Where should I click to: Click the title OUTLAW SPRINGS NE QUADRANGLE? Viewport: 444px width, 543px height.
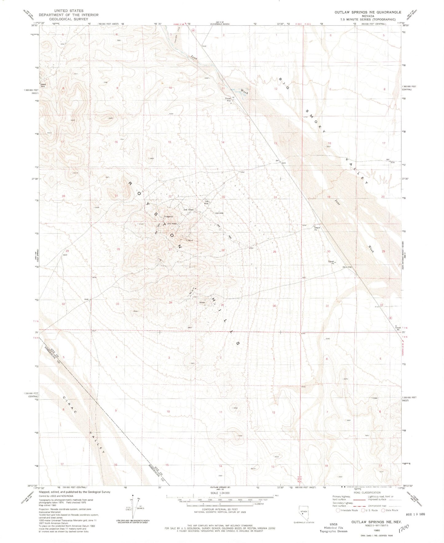point(368,12)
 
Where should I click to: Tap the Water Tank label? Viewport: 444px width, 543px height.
point(42,85)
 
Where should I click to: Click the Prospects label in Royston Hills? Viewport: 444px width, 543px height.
point(168,216)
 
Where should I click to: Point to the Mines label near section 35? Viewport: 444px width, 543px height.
point(202,302)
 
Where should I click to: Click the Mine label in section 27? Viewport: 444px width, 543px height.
point(190,240)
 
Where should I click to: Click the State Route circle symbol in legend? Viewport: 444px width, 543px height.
point(383,510)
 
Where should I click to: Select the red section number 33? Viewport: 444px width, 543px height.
point(117,304)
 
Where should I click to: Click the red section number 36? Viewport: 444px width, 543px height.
point(275,306)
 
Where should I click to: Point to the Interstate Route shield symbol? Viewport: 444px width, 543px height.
point(338,510)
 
